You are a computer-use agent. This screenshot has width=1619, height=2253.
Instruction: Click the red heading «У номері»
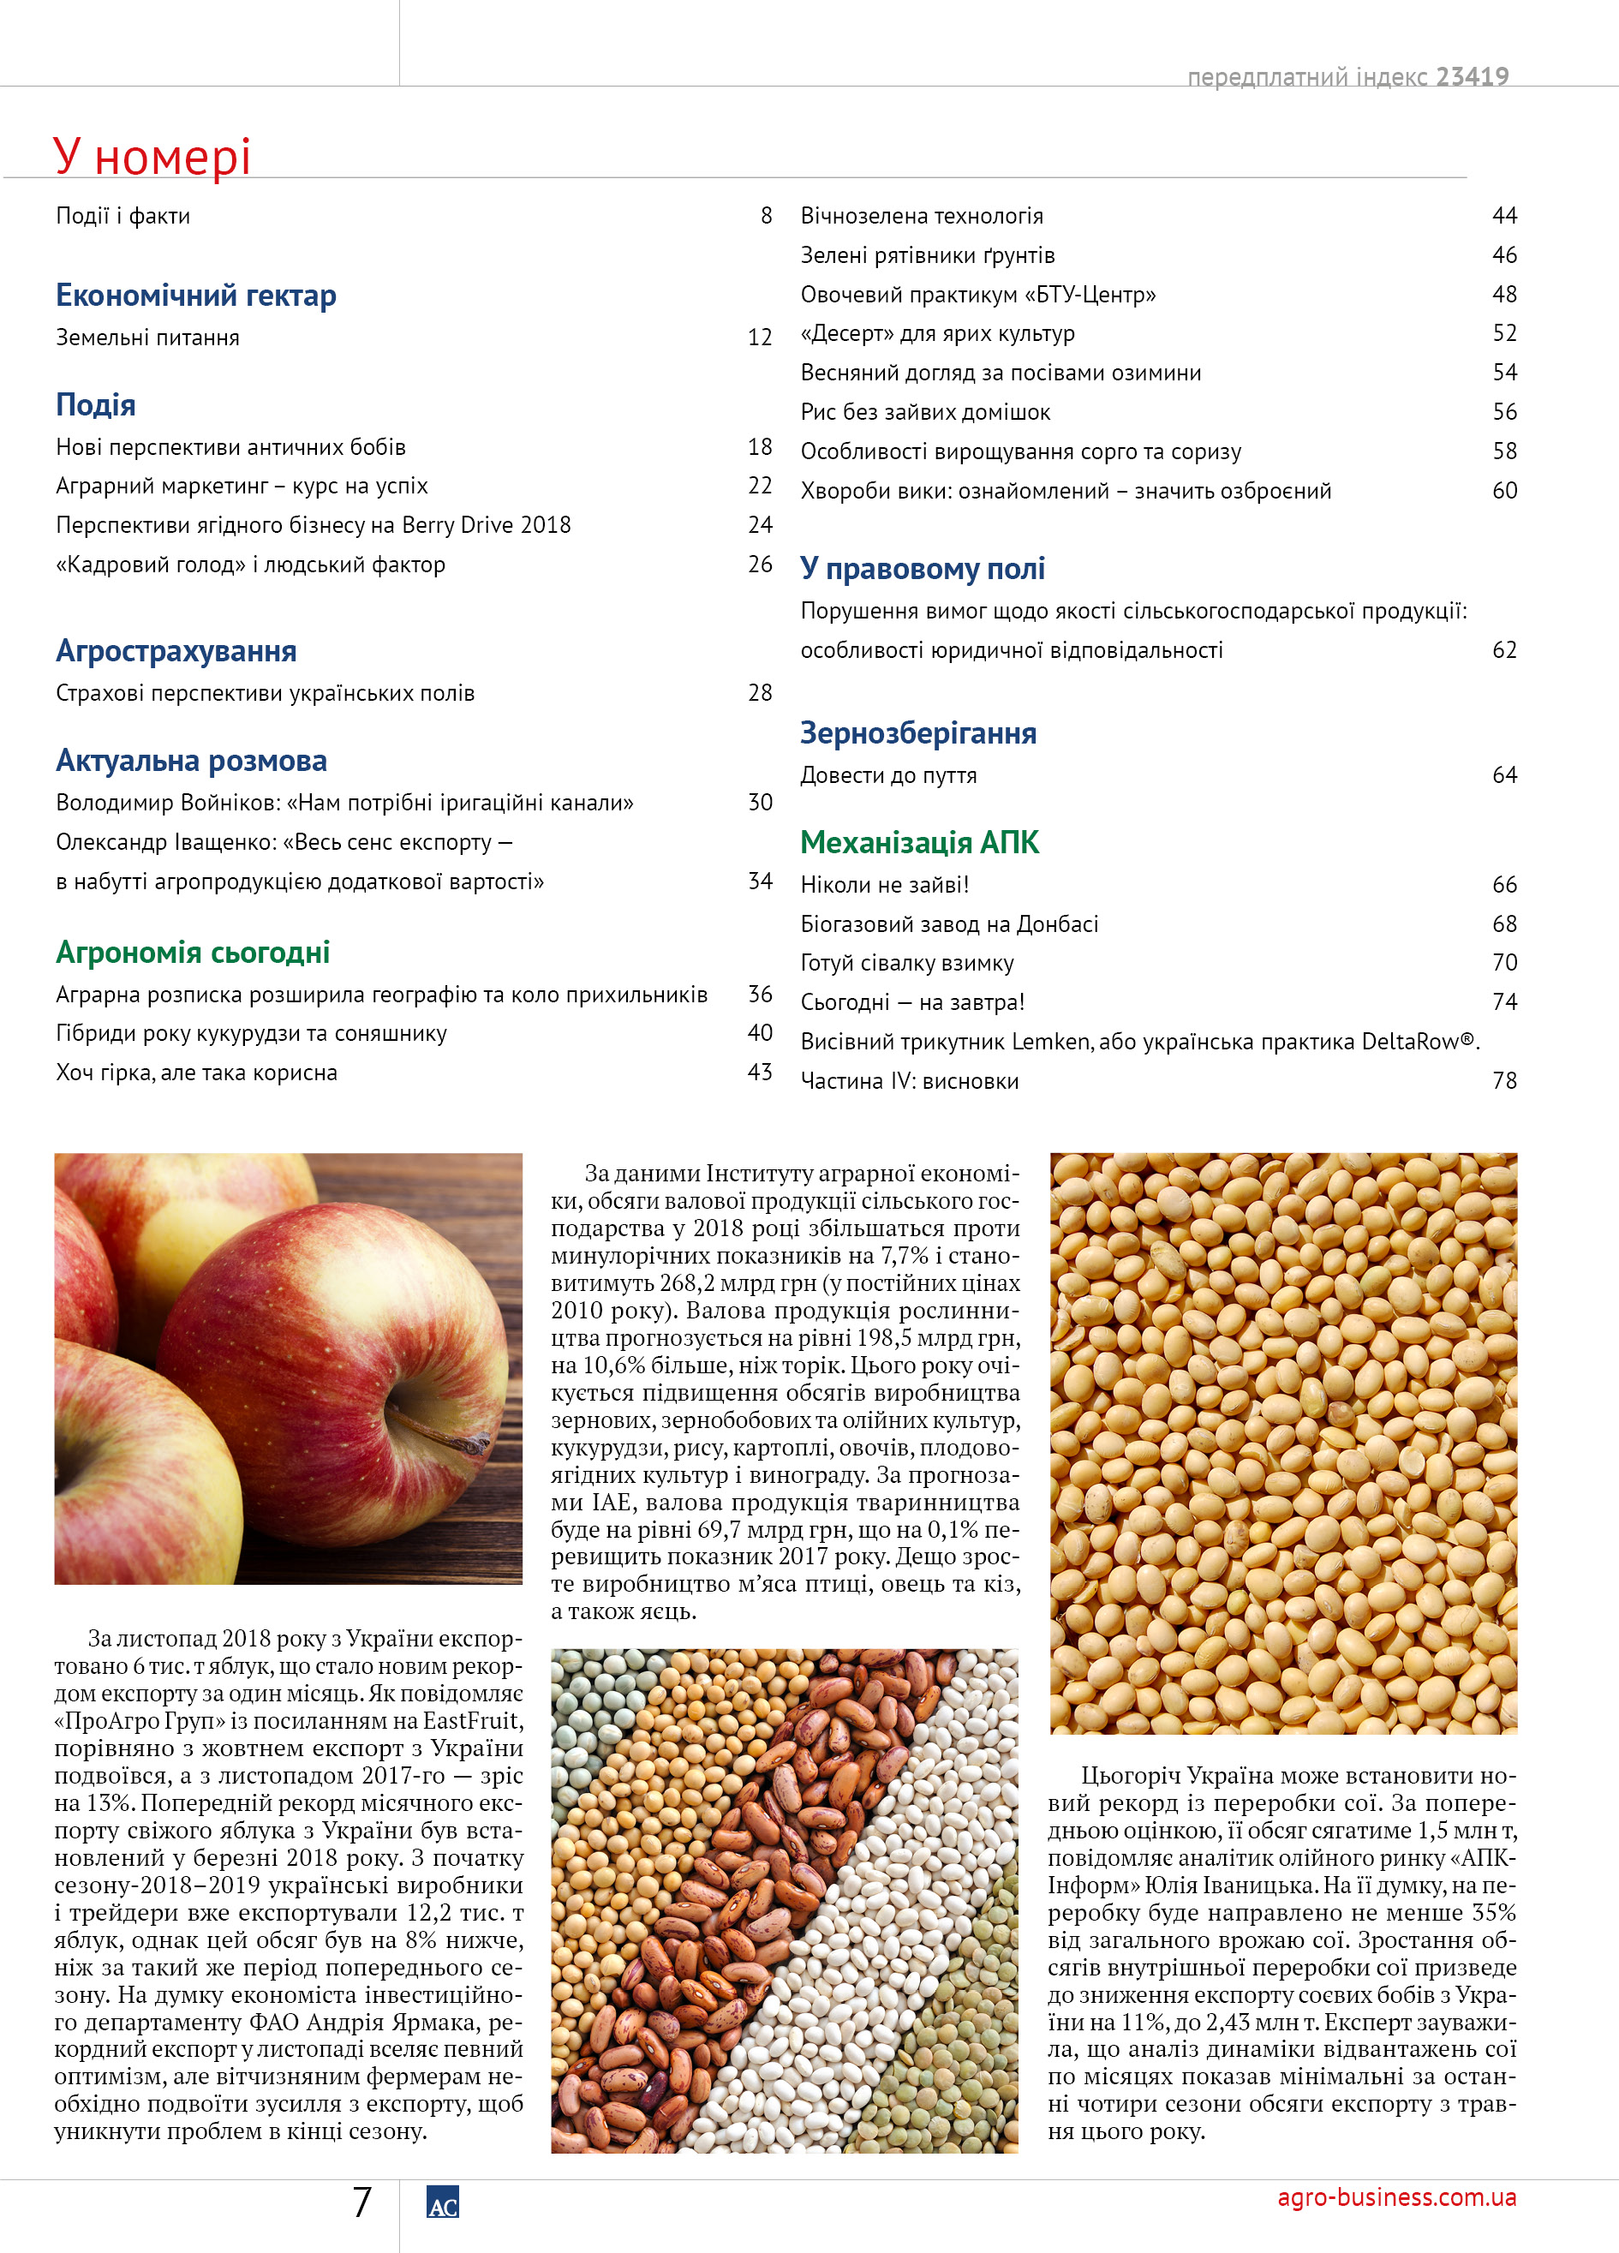pos(151,157)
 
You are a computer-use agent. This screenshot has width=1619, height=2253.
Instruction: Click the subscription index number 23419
pos(1472,76)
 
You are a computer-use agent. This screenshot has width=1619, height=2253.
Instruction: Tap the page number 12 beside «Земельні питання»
pos(760,338)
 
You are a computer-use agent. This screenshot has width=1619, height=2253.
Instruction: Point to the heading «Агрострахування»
pos(176,651)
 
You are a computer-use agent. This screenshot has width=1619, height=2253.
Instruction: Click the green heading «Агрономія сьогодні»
pos(193,952)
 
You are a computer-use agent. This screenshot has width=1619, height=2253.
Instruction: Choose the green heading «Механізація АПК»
pos(919,842)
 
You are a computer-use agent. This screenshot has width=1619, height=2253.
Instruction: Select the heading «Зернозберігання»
pos(917,733)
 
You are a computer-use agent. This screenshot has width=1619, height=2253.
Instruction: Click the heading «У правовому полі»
pos(922,568)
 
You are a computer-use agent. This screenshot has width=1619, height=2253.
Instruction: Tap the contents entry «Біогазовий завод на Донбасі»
pos(948,923)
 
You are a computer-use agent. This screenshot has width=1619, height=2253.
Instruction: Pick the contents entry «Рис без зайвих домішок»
pos(925,412)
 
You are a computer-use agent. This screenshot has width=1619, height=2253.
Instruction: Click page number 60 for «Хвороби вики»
pos(1503,491)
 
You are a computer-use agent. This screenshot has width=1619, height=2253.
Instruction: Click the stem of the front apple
pos(437,1433)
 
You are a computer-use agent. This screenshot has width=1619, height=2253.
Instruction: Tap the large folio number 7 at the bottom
pos(362,2202)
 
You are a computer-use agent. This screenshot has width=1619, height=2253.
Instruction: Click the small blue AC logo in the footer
pos(442,2202)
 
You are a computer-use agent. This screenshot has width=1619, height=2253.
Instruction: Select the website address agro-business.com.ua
pos(1395,2197)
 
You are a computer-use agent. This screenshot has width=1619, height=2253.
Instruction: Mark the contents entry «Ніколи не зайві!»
pos(884,885)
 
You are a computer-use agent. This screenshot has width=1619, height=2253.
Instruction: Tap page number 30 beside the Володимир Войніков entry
pos(760,803)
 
